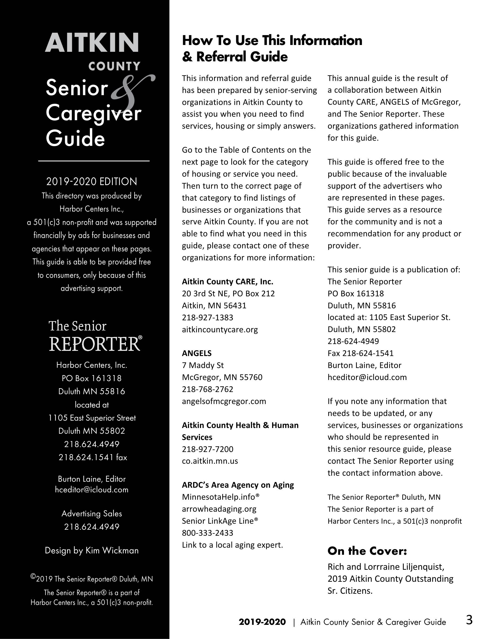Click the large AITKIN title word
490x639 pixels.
pos(92,43)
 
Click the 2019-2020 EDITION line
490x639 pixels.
pos(92,182)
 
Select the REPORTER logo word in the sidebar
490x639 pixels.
pos(95,344)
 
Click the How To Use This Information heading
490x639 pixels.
pos(272,41)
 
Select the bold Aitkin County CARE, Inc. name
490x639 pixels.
pos(227,282)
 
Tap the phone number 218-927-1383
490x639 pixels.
pos(207,318)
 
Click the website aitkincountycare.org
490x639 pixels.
pos(220,330)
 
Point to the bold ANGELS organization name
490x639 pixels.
pos(197,354)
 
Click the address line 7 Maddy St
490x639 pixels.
pos(203,366)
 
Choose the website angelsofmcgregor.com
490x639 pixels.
pos(224,401)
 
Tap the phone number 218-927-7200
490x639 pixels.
pos(207,449)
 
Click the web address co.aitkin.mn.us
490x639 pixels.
pos(210,461)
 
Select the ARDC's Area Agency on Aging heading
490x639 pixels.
pos(238,485)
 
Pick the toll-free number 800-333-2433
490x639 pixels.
pos(207,533)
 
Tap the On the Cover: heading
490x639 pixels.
pos(367,551)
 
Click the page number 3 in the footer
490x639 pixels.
pos(469,620)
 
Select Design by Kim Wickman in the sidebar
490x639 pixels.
pos(92,551)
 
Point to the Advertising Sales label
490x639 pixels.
pos(92,514)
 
